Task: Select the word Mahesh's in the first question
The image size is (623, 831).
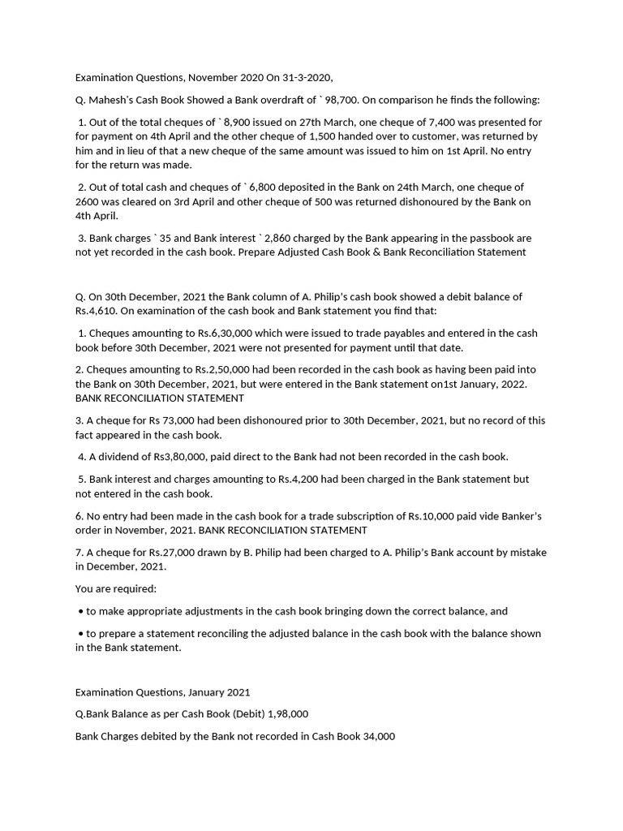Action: (113, 100)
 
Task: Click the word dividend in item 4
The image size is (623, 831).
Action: (118, 457)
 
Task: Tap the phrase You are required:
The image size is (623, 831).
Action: (116, 588)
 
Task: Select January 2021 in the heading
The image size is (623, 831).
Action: (219, 692)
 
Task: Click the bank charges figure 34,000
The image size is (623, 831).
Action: (375, 736)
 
